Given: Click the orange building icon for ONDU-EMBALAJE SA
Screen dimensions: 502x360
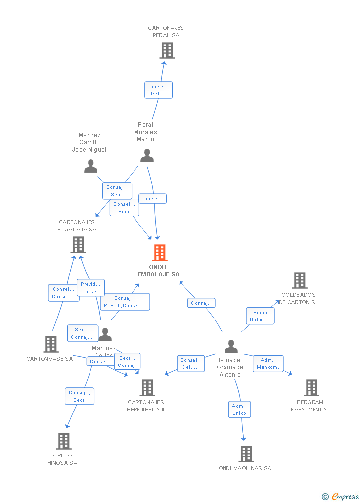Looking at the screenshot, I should click(x=159, y=253).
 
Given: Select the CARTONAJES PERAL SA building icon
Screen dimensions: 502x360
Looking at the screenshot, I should click(x=167, y=50).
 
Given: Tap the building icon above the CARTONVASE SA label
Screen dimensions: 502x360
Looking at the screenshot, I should click(x=51, y=344).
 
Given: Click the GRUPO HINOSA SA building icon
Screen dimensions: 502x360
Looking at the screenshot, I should click(x=64, y=441).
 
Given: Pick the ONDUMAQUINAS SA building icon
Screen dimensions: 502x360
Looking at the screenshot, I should click(x=246, y=454).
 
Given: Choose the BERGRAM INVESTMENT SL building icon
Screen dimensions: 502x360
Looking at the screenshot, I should click(x=311, y=388).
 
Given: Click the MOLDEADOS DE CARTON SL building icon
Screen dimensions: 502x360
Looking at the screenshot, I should click(x=299, y=280).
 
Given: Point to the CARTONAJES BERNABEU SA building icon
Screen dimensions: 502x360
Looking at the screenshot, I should click(x=147, y=388).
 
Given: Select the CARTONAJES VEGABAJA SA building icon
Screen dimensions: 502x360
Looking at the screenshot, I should click(x=78, y=245).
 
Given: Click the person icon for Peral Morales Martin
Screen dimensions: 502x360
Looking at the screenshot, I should click(x=147, y=156).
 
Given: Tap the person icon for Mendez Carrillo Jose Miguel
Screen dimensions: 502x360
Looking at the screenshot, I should click(x=90, y=167).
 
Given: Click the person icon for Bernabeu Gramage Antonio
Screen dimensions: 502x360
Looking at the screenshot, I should click(x=231, y=347).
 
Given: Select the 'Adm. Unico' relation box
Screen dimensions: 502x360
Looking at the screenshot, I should click(x=239, y=410).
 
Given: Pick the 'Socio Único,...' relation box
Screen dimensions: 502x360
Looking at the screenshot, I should click(x=260, y=316).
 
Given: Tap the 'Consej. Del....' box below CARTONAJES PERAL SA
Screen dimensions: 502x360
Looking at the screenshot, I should click(x=158, y=90).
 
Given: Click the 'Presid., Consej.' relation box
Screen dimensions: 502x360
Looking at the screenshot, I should click(x=90, y=288).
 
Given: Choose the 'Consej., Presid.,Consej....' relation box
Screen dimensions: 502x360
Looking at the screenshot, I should click(x=125, y=302).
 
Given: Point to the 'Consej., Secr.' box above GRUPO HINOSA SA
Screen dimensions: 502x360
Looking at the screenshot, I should click(x=79, y=396).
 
